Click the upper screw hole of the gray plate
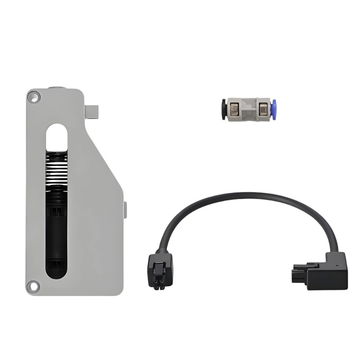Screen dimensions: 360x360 coord(33,96)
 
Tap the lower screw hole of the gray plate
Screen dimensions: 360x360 coord(32,285)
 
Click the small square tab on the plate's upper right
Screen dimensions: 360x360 coord(92,111)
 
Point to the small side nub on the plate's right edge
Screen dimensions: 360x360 coord(125,210)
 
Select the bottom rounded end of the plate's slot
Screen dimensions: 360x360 coord(56,272)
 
